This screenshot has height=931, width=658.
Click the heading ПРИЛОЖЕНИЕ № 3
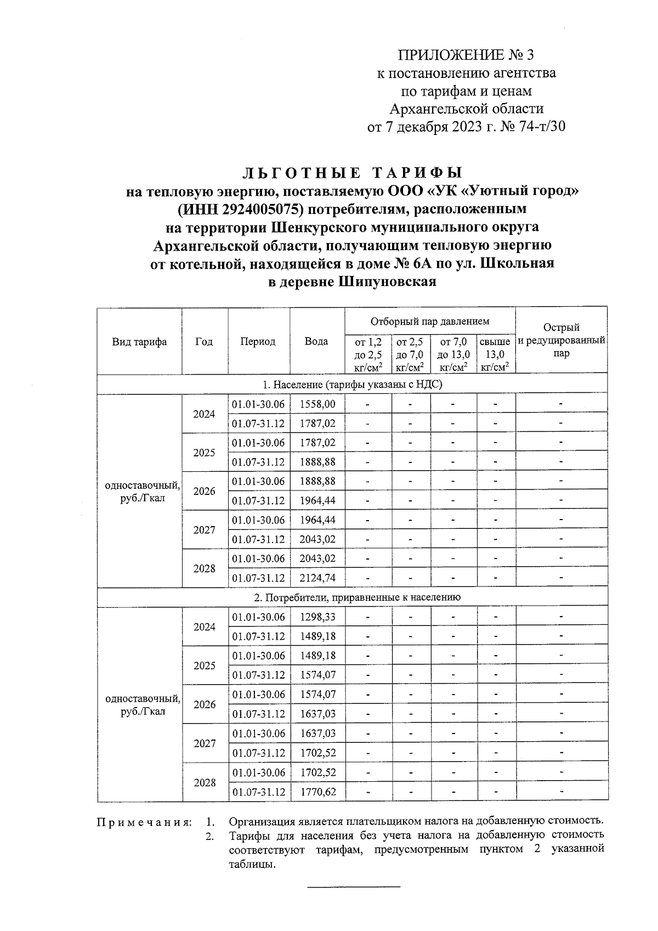466,55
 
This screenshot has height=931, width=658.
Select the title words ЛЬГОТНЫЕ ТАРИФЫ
352,173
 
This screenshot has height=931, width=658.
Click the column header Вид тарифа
139,342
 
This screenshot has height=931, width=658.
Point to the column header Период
258,341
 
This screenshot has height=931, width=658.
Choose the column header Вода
316,341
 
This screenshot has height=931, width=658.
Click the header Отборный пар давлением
429,321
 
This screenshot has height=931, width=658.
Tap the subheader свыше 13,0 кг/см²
495,354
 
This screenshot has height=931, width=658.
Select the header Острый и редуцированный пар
561,341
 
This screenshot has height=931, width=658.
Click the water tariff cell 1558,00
317,404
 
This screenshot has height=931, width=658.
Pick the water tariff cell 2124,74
317,578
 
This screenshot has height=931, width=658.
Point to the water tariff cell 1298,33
317,617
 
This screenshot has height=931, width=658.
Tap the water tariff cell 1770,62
317,792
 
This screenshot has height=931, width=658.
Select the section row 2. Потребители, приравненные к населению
351,597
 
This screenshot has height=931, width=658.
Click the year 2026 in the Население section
205,491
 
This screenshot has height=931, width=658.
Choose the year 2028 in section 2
205,782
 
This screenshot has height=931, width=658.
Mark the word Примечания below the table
144,822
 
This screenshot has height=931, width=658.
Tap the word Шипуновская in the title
387,282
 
